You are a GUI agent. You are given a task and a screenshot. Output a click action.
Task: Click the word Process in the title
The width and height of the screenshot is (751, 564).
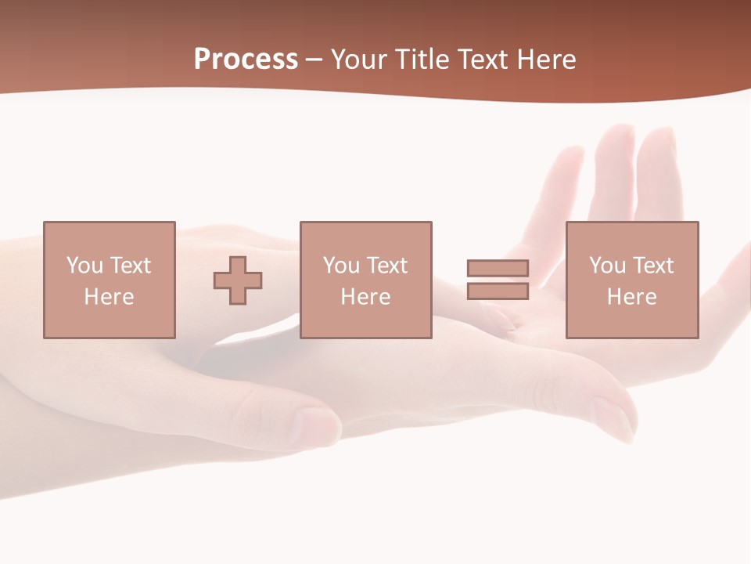[x=246, y=60]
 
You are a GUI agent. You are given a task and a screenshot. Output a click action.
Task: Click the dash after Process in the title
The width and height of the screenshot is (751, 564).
[x=314, y=60]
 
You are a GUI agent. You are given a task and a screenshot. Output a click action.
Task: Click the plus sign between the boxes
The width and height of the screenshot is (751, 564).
[x=238, y=280]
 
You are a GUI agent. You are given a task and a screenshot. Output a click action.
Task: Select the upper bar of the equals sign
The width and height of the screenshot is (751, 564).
[x=498, y=268]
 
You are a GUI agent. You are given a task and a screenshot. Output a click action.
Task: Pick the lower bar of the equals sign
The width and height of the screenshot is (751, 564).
[x=498, y=291]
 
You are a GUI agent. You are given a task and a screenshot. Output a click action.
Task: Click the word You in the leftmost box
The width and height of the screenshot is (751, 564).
[x=84, y=266]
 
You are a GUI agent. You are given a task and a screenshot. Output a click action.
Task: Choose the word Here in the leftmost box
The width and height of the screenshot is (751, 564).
[x=109, y=297]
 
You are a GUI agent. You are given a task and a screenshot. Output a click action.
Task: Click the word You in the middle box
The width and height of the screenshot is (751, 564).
[x=341, y=266]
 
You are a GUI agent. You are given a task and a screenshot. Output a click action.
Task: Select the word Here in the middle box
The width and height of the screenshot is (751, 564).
[x=365, y=297]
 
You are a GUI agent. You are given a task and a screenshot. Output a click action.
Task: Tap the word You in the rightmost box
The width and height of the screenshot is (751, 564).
[x=607, y=266]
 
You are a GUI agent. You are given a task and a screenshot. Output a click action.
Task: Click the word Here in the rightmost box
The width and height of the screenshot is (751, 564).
[x=631, y=297]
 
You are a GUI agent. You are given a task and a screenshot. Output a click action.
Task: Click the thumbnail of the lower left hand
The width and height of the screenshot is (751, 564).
[x=317, y=425]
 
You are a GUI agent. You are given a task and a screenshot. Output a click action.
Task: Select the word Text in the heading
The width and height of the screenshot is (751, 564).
[x=480, y=60]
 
